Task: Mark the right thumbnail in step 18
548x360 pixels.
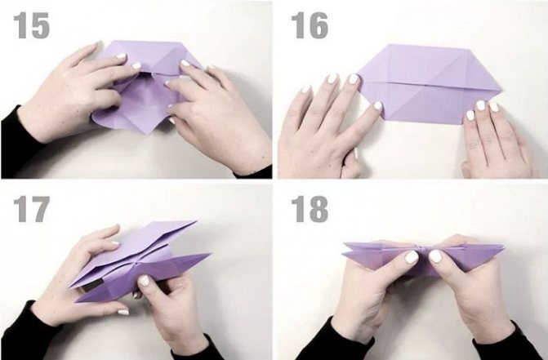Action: (x=436, y=256)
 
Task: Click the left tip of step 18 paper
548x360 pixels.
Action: (x=345, y=246)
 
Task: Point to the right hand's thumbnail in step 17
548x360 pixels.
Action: (x=144, y=281)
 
